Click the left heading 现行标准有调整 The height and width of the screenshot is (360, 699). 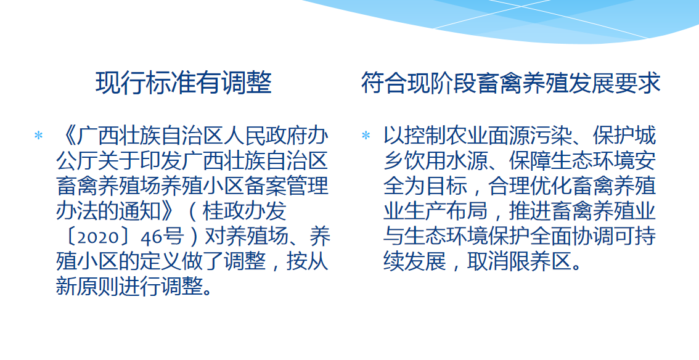183,83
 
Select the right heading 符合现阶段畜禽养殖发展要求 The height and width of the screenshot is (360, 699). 510,83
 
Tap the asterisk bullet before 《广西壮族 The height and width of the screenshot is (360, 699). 39,136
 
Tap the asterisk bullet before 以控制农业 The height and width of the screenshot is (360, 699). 366,136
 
